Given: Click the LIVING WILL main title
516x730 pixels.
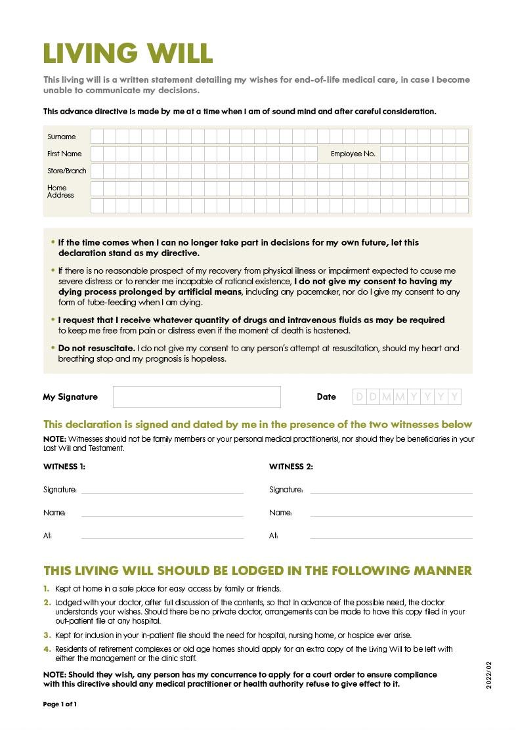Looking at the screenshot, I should [128, 53].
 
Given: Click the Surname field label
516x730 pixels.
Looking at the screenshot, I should [61, 137].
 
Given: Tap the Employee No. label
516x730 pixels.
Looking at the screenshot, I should [353, 154].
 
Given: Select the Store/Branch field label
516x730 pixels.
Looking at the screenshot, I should [66, 171].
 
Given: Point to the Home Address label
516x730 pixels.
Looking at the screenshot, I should [60, 191].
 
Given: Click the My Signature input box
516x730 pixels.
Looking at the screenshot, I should [196, 397].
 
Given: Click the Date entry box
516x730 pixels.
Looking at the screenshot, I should [407, 397].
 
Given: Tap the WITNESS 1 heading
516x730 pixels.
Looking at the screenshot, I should [64, 467].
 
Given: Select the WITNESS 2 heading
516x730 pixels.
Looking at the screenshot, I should [291, 467].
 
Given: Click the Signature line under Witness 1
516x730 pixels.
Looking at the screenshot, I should [162, 491].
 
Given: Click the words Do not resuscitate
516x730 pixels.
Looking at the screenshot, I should [97, 348].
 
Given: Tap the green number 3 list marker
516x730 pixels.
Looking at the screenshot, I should [47, 635].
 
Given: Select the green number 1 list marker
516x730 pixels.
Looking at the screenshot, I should [47, 589].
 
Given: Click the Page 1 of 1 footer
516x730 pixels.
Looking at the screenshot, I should [60, 704].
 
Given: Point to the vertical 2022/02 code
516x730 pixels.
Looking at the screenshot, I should [488, 675].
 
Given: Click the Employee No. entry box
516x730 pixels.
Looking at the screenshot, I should [424, 154].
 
